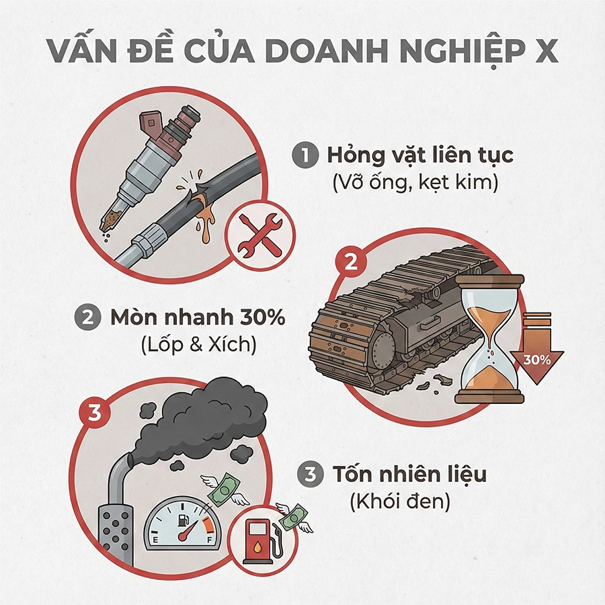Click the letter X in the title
coord(547,50)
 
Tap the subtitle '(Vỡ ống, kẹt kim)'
coord(415,183)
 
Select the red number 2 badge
coord(350,262)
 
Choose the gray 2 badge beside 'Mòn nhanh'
coord(87,318)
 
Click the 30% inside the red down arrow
coord(536,359)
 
